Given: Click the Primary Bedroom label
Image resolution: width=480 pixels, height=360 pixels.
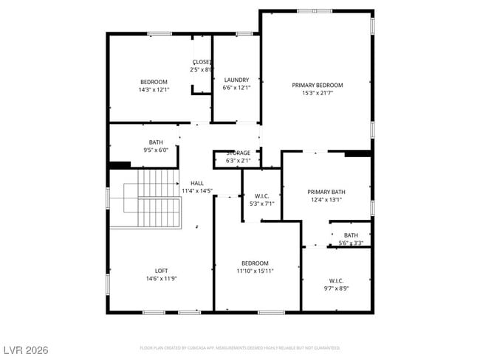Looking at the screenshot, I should click(x=317, y=85).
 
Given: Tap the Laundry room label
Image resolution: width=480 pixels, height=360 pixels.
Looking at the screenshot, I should click(x=236, y=80).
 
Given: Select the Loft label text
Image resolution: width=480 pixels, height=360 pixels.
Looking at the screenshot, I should click(x=161, y=270).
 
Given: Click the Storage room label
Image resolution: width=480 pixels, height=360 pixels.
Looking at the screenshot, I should click(x=238, y=153).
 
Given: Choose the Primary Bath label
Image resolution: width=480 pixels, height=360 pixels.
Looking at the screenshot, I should click(x=326, y=192).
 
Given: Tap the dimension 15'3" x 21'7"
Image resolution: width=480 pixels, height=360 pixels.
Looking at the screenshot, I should click(x=317, y=93).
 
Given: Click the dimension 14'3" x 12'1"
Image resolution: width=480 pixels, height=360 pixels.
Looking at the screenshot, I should click(x=154, y=89).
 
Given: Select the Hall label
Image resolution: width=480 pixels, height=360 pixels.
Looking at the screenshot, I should click(x=197, y=183).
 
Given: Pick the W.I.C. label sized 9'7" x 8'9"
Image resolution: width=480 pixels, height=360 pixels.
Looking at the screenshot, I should click(x=336, y=280).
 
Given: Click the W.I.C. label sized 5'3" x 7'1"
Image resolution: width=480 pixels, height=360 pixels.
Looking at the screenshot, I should click(x=261, y=195).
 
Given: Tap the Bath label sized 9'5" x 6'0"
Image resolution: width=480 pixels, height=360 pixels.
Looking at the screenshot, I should click(x=156, y=142).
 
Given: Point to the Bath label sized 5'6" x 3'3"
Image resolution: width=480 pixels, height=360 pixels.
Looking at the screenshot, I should click(x=351, y=235).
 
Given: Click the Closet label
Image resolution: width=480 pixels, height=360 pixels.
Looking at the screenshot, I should click(x=202, y=62).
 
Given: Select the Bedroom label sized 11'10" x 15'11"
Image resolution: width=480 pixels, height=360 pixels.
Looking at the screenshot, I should click(x=255, y=263).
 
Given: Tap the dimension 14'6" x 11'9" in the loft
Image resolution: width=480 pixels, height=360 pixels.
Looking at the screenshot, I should click(x=161, y=278).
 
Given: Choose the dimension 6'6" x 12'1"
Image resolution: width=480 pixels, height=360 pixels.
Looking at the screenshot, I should click(x=236, y=88).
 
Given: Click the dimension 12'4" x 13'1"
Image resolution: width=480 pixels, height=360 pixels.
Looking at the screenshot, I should click(x=326, y=199).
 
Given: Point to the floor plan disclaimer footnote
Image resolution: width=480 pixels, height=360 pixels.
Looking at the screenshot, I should click(x=240, y=347).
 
